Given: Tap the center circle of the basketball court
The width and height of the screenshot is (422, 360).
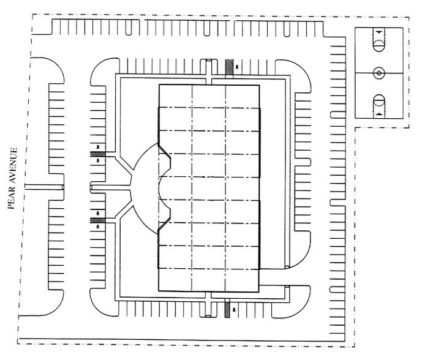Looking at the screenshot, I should [379, 73].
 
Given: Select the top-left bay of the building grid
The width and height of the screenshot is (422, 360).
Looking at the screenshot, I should [176, 96].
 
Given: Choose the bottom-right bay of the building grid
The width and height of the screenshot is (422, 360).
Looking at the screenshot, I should [243, 279].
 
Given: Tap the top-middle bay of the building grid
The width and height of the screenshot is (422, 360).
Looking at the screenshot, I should [209, 96].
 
